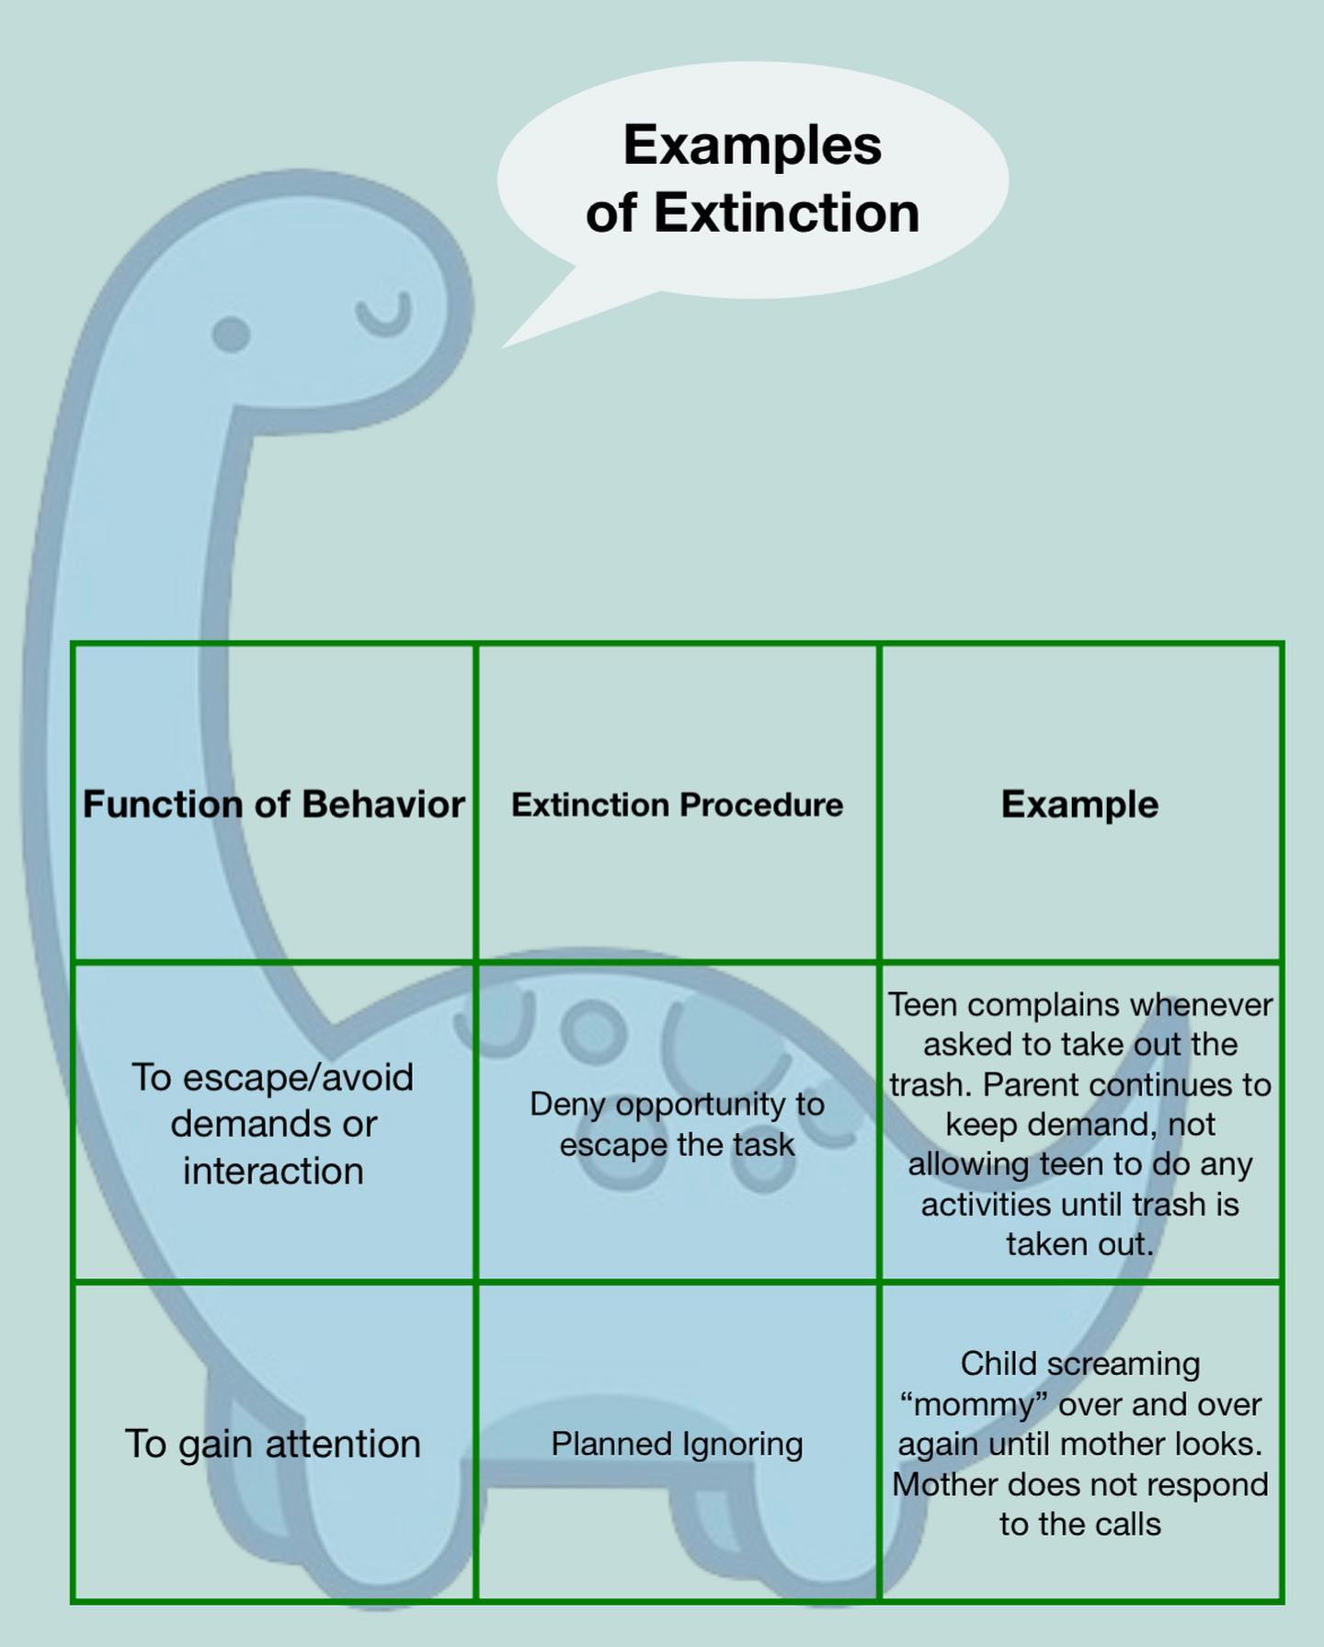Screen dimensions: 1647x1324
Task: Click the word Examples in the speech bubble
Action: coord(752,145)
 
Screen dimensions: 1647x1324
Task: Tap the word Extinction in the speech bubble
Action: coord(786,213)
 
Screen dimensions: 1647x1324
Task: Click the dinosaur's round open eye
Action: coord(231,334)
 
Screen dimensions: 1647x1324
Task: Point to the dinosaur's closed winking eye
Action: coord(384,314)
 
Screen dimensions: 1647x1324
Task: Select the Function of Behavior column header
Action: coord(273,804)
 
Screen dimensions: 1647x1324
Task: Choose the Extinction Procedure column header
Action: coord(677,805)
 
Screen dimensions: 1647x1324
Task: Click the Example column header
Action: coord(1079,804)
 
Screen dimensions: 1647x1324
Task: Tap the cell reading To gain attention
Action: coord(273,1443)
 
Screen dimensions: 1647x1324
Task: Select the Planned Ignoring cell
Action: coord(677,1443)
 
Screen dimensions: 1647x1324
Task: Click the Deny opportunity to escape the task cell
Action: coord(677,1124)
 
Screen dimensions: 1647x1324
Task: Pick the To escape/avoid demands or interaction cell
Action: coord(273,1124)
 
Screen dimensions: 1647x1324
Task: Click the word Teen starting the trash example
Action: coord(922,1004)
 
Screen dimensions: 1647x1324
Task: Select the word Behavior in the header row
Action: coord(382,804)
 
